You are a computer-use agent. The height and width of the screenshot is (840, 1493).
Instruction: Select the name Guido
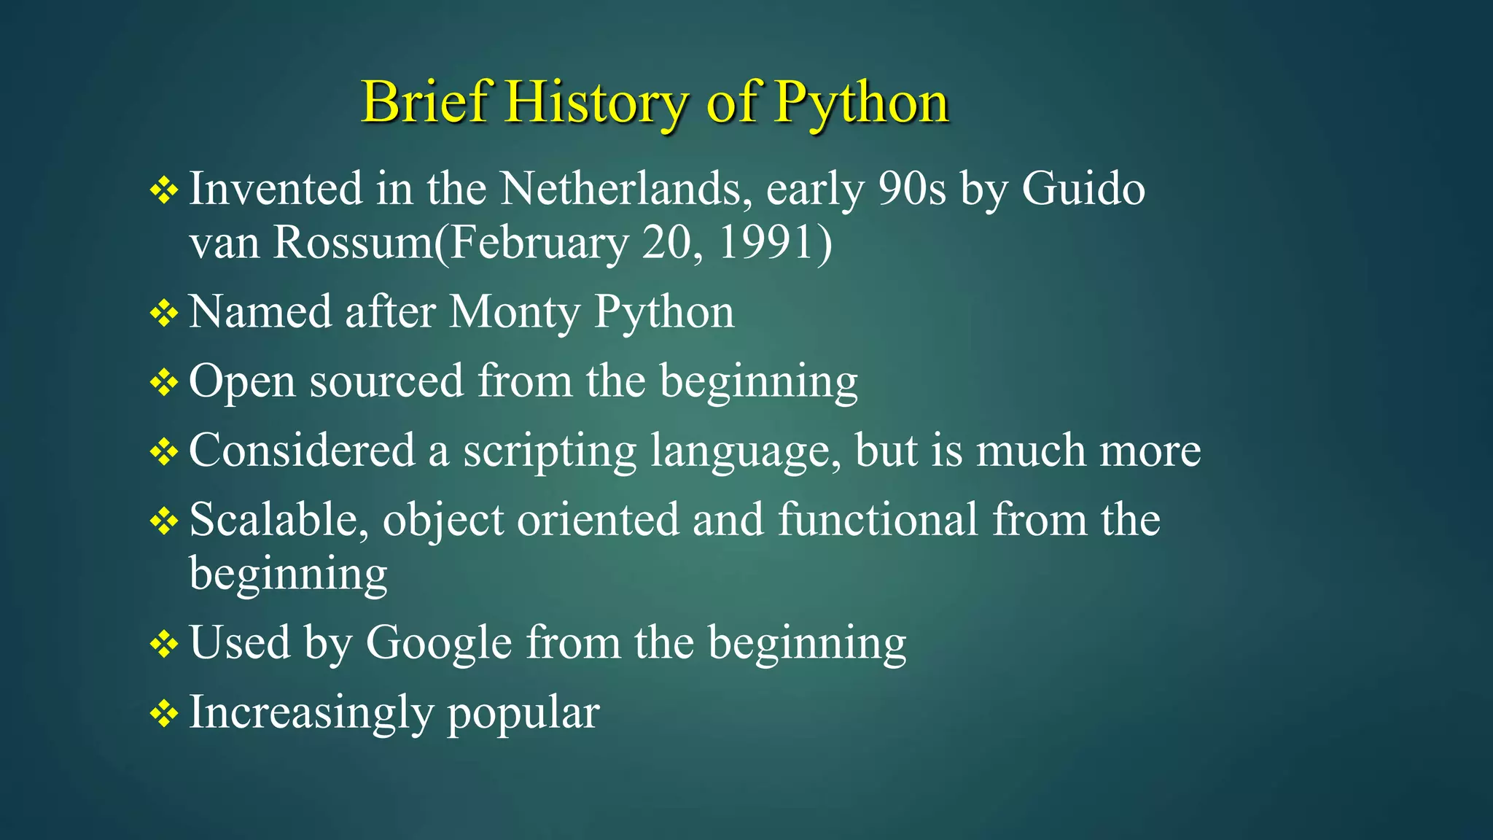1083,189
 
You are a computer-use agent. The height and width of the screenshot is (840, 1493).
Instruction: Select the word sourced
386,381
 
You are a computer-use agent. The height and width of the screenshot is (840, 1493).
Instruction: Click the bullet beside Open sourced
164,383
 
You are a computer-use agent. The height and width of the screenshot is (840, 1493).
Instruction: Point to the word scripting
550,451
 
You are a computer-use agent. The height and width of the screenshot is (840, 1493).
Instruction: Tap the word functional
878,520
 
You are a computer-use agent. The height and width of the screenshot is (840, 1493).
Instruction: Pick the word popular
523,713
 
